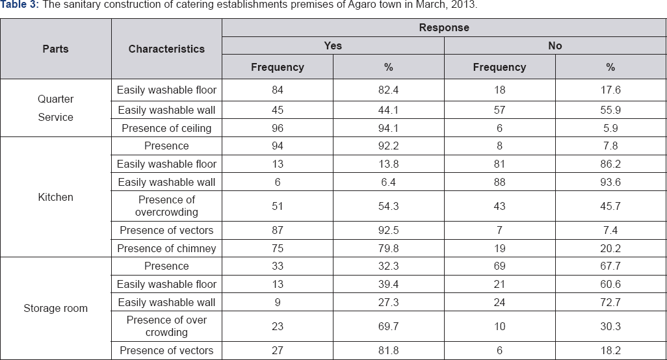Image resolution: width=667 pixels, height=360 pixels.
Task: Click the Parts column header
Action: pos(55,49)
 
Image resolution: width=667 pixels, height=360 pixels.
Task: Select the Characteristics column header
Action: pos(166,49)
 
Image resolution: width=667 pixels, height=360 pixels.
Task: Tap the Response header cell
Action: pos(444,28)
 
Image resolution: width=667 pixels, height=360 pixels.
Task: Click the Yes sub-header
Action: pos(333,45)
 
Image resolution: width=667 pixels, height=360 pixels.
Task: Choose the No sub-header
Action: pos(555,45)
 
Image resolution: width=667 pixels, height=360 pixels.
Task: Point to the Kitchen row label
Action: pos(55,197)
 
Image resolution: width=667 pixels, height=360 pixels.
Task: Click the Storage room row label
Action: pos(55,308)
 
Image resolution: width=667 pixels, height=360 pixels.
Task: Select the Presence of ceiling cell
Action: pos(166,128)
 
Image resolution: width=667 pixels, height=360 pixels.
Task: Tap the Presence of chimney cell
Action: pos(166,248)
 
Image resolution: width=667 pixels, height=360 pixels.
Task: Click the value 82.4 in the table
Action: pos(388,90)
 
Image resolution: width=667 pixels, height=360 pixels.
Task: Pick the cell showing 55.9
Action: pos(610,110)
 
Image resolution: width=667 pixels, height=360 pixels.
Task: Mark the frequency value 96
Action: pos(278,128)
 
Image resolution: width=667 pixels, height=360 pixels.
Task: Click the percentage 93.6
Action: pos(610,183)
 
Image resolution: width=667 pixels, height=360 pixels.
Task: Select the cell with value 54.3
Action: pos(388,206)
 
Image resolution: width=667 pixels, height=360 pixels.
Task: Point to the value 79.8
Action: pos(388,248)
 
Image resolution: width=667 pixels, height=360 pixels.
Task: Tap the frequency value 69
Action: pos(499,266)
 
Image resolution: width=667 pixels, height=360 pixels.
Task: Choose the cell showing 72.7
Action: pos(610,302)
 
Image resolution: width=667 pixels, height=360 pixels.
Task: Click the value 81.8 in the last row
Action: pos(388,350)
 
